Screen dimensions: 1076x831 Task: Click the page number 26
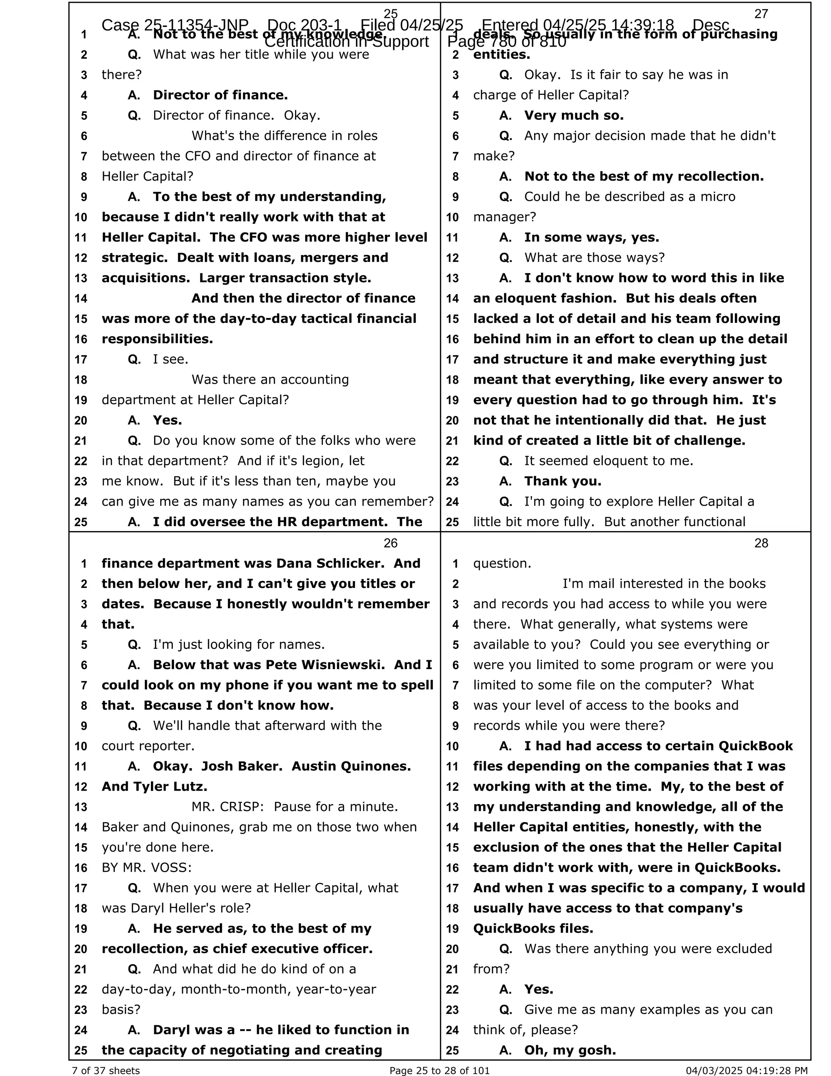[390, 543]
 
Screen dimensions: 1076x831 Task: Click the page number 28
[761, 543]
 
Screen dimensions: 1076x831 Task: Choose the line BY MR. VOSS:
[147, 867]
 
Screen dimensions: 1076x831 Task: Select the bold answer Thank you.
[562, 481]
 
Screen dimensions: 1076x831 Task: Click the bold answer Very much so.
[573, 115]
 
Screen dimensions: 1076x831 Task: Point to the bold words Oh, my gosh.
[570, 1050]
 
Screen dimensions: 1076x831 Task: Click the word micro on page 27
[718, 197]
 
